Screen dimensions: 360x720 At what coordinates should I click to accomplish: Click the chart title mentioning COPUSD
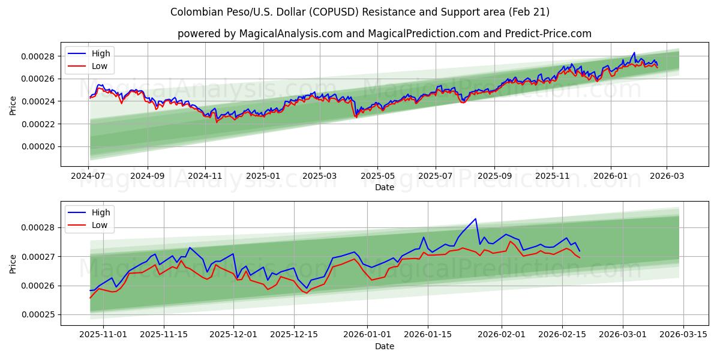coord(360,12)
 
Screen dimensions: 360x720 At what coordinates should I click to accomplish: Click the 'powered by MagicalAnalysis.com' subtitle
coord(384,34)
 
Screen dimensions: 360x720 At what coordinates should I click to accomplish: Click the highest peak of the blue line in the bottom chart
coord(475,218)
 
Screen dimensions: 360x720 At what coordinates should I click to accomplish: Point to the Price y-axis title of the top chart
coord(13,104)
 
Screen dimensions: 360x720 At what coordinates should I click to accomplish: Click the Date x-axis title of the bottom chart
coord(384,346)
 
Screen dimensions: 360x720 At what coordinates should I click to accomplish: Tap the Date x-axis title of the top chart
coord(384,187)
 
